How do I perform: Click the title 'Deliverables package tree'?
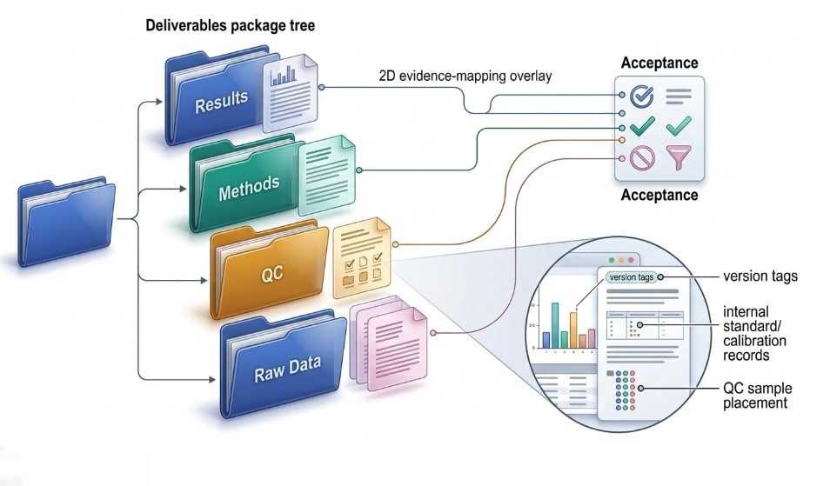[x=230, y=27]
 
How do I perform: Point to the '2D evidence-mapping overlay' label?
[x=465, y=77]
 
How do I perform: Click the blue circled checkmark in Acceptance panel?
[x=642, y=96]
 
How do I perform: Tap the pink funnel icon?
[x=679, y=157]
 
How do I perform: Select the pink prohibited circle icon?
[x=642, y=158]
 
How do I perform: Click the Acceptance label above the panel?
[x=659, y=63]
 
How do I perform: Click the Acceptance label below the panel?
[x=659, y=196]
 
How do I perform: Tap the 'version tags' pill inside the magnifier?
[x=630, y=277]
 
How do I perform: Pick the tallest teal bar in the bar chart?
[x=555, y=325]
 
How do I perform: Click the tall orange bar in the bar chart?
[x=573, y=330]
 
